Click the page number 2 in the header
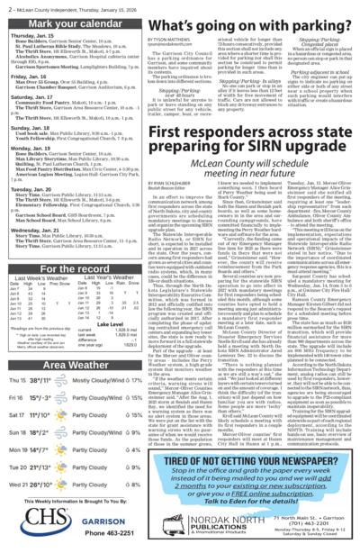tap(7, 8)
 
